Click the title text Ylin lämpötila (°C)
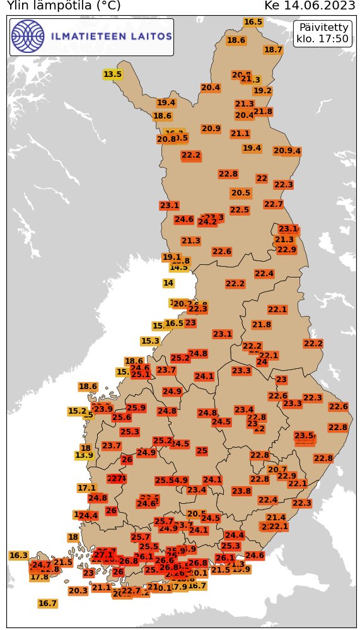[x=63, y=6]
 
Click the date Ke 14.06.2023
[x=310, y=6]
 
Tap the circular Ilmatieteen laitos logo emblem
[x=28, y=37]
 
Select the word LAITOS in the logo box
[x=151, y=37]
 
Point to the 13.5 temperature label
[x=112, y=74]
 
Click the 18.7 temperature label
[x=273, y=50]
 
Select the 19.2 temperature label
[x=262, y=91]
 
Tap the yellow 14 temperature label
[x=168, y=283]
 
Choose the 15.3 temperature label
[x=150, y=341]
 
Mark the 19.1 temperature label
[x=171, y=257]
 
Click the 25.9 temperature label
[x=136, y=408]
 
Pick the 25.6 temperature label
[x=122, y=417]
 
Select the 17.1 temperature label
[x=86, y=488]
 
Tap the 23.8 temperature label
[x=241, y=491]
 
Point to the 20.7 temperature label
[x=277, y=469]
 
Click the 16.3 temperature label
[x=18, y=556]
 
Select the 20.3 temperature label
[x=78, y=591]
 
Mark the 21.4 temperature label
[x=276, y=518]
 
